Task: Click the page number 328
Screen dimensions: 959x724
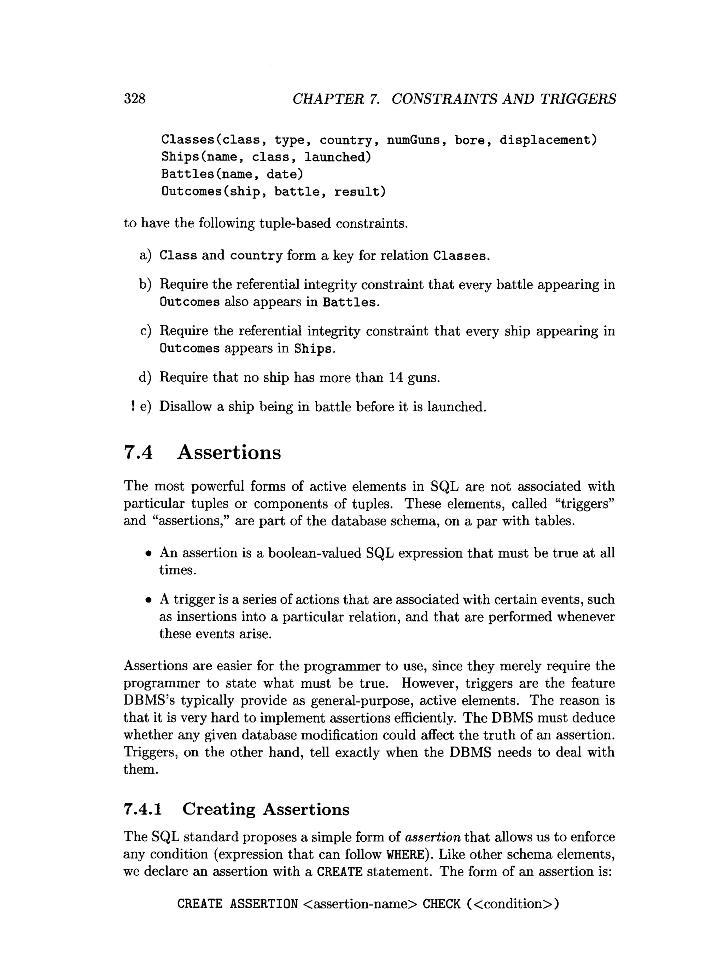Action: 134,99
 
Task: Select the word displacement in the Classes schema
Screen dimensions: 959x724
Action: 548,140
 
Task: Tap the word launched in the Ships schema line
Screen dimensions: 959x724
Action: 337,157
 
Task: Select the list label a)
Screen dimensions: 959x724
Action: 145,255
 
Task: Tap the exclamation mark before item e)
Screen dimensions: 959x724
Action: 132,406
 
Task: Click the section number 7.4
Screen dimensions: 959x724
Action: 138,452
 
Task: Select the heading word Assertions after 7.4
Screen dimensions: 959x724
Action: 229,452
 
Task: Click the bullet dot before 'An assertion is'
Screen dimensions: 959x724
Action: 149,554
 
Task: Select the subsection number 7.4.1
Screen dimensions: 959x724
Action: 142,809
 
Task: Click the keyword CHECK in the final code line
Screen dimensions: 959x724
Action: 441,904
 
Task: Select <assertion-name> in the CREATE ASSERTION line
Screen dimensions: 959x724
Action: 360,904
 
